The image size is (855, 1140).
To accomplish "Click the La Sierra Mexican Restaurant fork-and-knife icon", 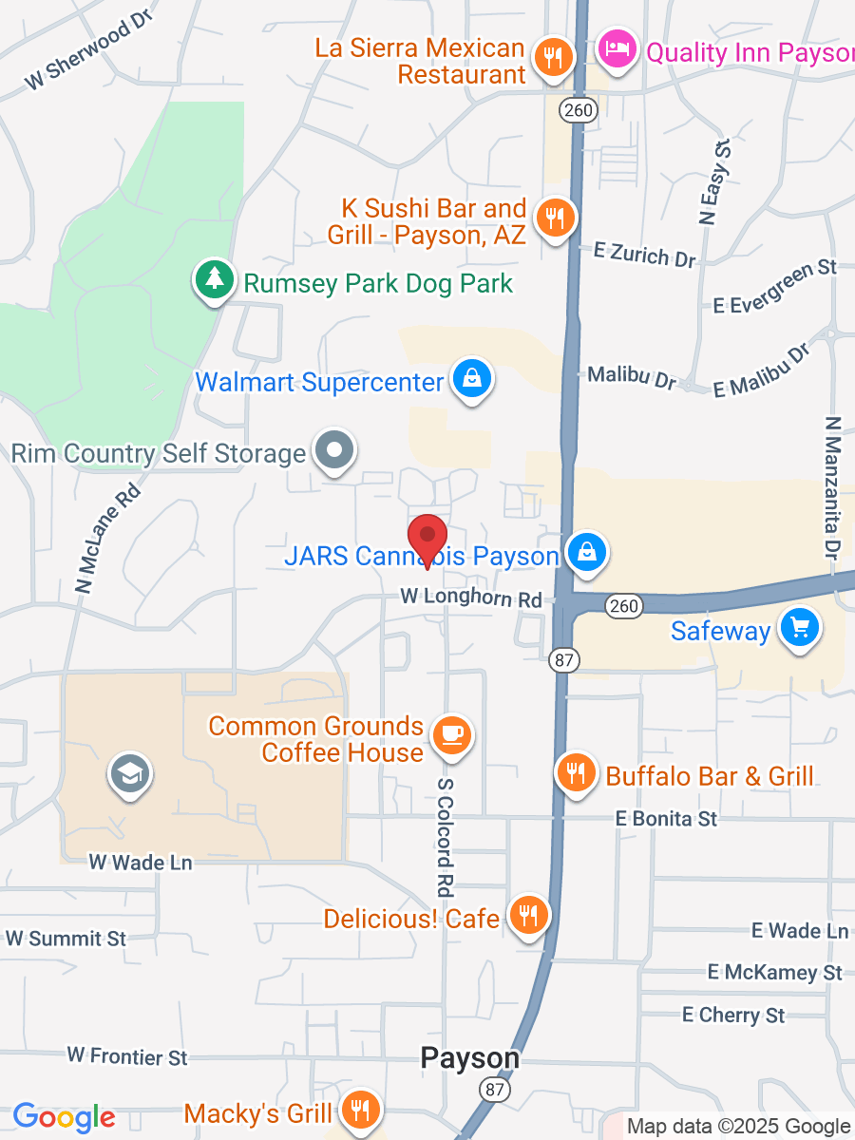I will pyautogui.click(x=552, y=57).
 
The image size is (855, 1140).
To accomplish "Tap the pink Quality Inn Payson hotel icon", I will pyautogui.click(x=618, y=48).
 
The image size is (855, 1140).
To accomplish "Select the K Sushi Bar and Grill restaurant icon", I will pyautogui.click(x=552, y=218).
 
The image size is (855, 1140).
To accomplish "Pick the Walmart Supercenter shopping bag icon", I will pyautogui.click(x=470, y=379).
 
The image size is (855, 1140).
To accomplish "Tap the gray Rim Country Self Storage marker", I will pyautogui.click(x=334, y=450).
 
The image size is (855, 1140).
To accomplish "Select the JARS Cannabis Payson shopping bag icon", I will pyautogui.click(x=587, y=552).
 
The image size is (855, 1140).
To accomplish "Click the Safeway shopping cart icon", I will pyautogui.click(x=799, y=628).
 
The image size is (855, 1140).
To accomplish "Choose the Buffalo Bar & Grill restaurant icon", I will pyautogui.click(x=576, y=772).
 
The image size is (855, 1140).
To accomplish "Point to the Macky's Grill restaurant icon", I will pyautogui.click(x=360, y=1110).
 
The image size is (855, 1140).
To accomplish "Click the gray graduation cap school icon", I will pyautogui.click(x=130, y=774).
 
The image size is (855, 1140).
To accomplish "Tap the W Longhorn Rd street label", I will pyautogui.click(x=471, y=598).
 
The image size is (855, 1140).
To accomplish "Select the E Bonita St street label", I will pyautogui.click(x=666, y=818).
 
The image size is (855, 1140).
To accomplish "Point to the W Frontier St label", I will pyautogui.click(x=127, y=1055).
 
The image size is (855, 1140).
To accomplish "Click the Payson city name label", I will pyautogui.click(x=470, y=1058).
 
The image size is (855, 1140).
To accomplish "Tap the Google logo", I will pyautogui.click(x=64, y=1117).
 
